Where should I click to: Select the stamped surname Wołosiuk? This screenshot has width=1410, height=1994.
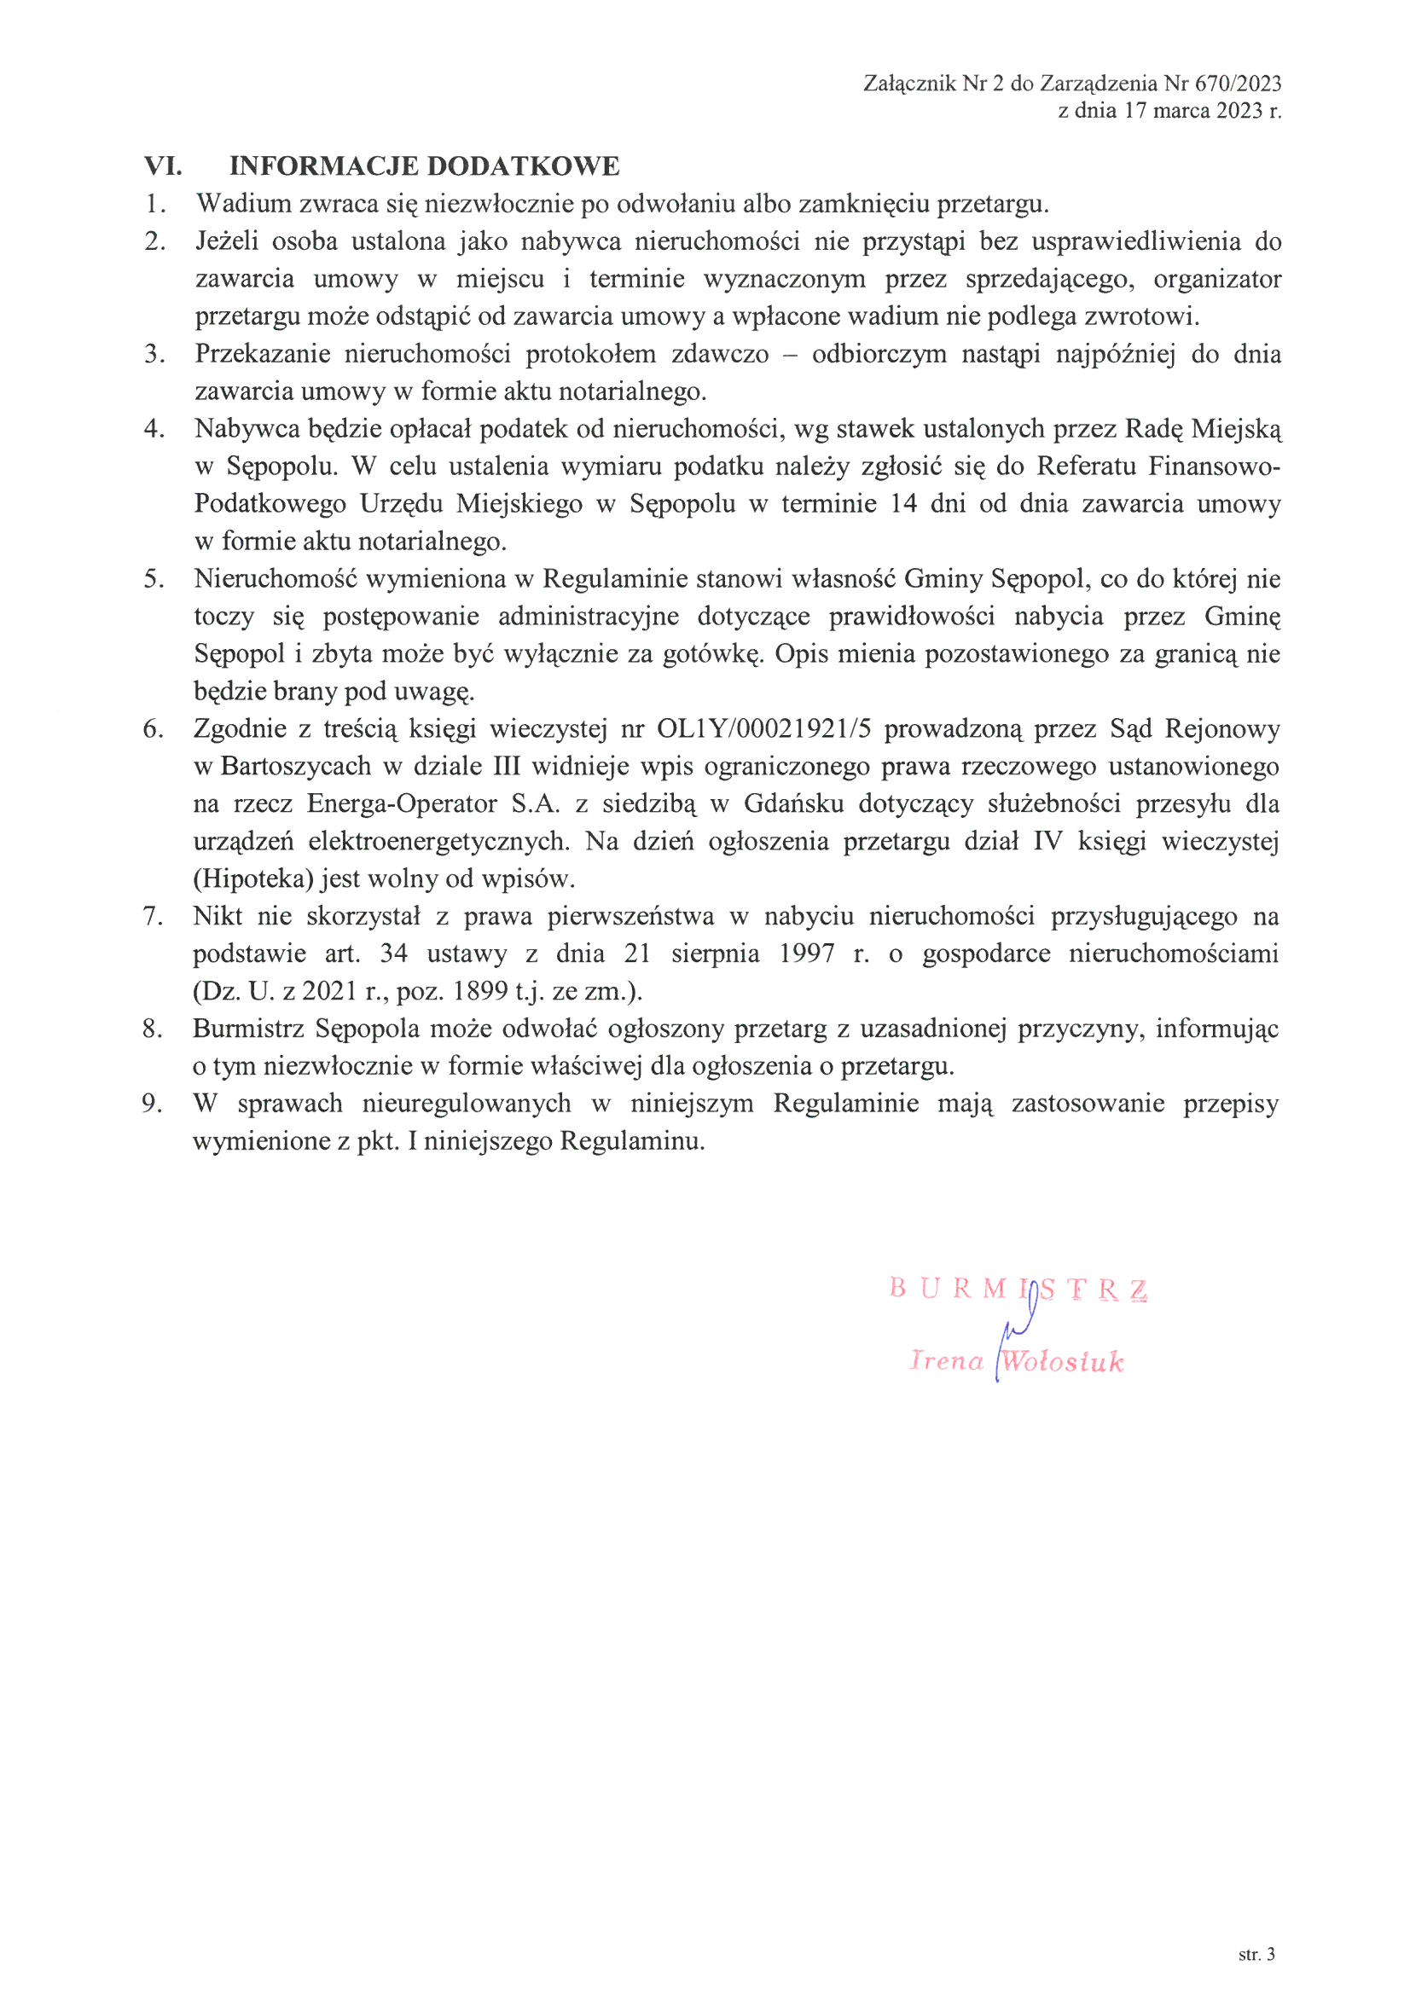pos(1062,1360)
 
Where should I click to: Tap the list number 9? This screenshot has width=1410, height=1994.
pos(153,1104)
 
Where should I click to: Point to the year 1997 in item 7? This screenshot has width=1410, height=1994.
pos(808,954)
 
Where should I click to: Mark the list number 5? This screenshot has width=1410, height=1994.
pos(153,579)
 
